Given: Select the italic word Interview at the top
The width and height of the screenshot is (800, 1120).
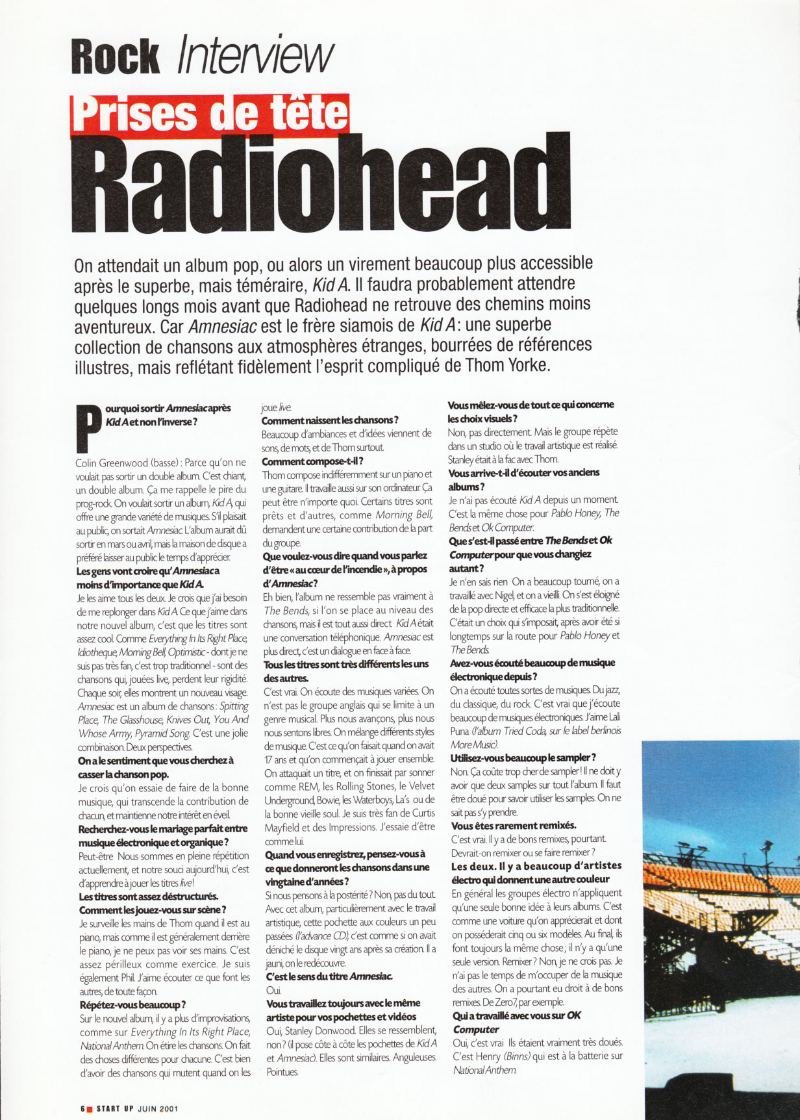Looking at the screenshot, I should (255, 56).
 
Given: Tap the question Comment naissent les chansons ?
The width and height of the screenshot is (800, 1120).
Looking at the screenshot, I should (330, 420).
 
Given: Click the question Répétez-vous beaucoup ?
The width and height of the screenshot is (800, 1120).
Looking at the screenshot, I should (132, 1004).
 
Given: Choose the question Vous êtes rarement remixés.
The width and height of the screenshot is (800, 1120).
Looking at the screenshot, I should (514, 826).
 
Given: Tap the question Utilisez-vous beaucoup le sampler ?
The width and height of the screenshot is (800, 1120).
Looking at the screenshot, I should (523, 757).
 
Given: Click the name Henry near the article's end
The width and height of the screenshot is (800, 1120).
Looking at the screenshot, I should (488, 1056).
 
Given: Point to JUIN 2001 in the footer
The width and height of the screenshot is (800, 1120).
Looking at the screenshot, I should (157, 1108).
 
